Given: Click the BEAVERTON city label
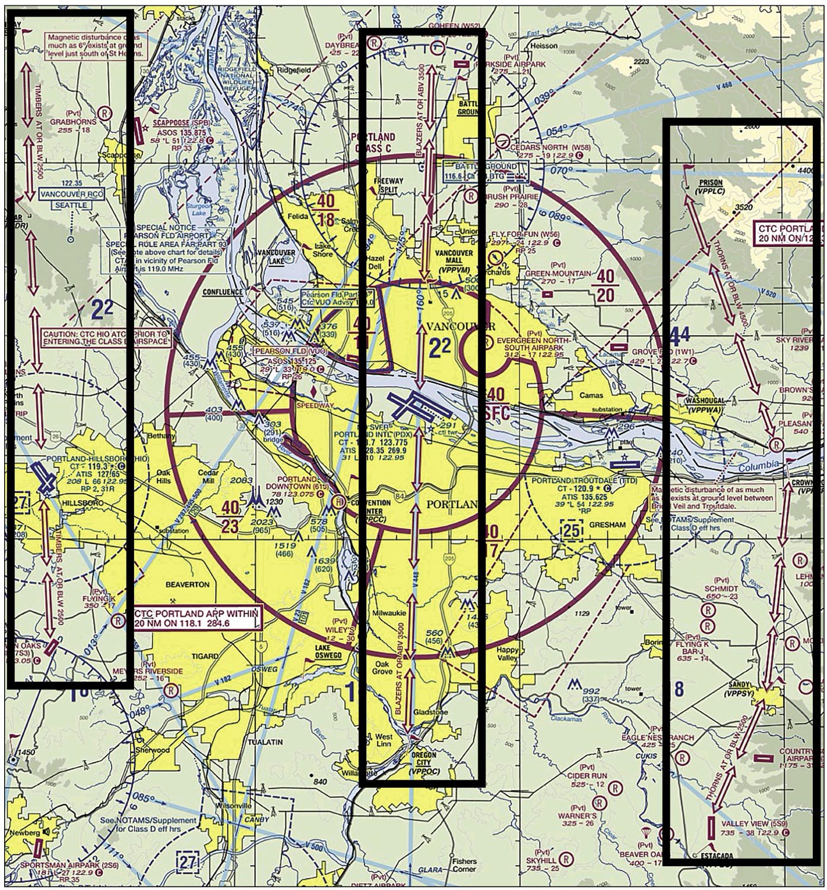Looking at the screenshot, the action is tap(187, 584).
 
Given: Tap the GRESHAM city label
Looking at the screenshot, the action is tap(609, 525).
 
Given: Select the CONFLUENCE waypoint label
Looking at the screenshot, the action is tap(223, 292).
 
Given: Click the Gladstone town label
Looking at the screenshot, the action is tap(433, 711).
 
